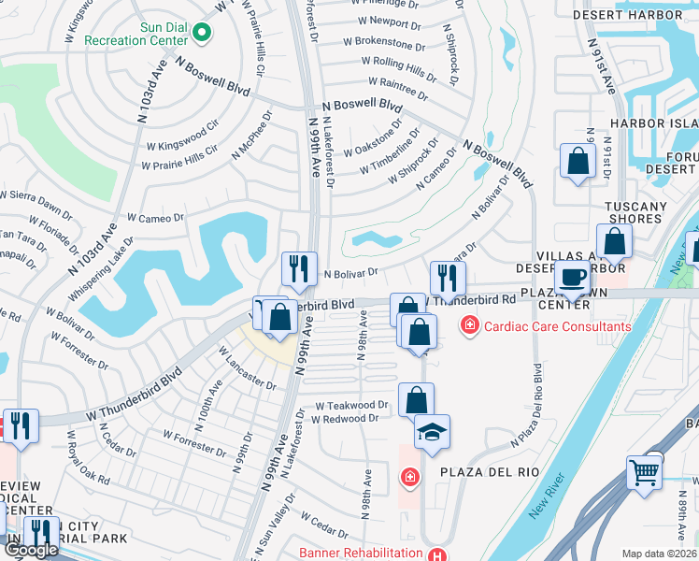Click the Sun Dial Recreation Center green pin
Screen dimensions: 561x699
(201, 34)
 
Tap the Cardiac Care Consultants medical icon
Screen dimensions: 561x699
(468, 326)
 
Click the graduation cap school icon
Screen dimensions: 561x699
(432, 432)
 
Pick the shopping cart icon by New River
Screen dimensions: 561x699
(644, 473)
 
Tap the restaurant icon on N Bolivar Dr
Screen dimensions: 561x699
(299, 269)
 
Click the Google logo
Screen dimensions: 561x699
(31, 550)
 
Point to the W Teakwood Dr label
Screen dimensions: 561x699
(350, 405)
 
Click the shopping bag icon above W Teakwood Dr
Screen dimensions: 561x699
(416, 399)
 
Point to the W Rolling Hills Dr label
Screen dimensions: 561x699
(399, 66)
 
